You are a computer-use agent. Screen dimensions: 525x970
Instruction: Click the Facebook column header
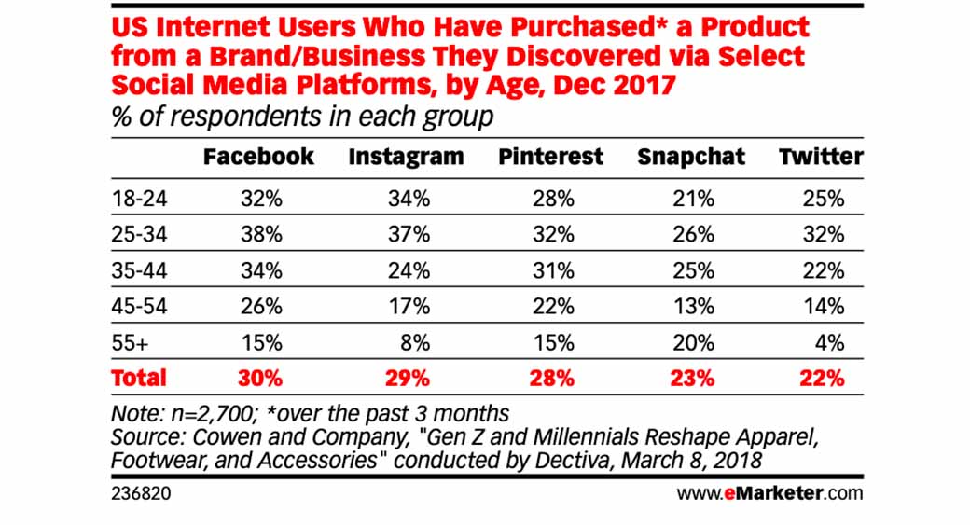(x=258, y=157)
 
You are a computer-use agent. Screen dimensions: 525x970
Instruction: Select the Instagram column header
(x=406, y=157)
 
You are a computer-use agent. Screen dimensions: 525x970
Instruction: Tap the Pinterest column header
(x=550, y=157)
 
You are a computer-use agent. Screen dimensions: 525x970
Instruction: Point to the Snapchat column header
(x=691, y=157)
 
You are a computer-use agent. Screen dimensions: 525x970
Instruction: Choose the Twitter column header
(x=821, y=157)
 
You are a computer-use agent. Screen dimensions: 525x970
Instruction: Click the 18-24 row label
(x=132, y=200)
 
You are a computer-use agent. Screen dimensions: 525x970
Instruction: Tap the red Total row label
(x=138, y=378)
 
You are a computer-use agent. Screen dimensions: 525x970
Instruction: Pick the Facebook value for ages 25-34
(x=261, y=235)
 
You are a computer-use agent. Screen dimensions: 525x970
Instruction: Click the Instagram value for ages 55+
(x=416, y=341)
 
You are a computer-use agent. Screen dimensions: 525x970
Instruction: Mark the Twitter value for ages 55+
(x=830, y=341)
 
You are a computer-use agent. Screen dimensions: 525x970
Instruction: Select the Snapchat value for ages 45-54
(x=694, y=306)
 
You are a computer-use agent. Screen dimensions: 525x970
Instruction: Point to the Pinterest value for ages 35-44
(x=553, y=270)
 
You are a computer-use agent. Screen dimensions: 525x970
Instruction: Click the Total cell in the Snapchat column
(x=693, y=378)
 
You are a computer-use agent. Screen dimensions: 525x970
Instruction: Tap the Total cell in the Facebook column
(x=261, y=378)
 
